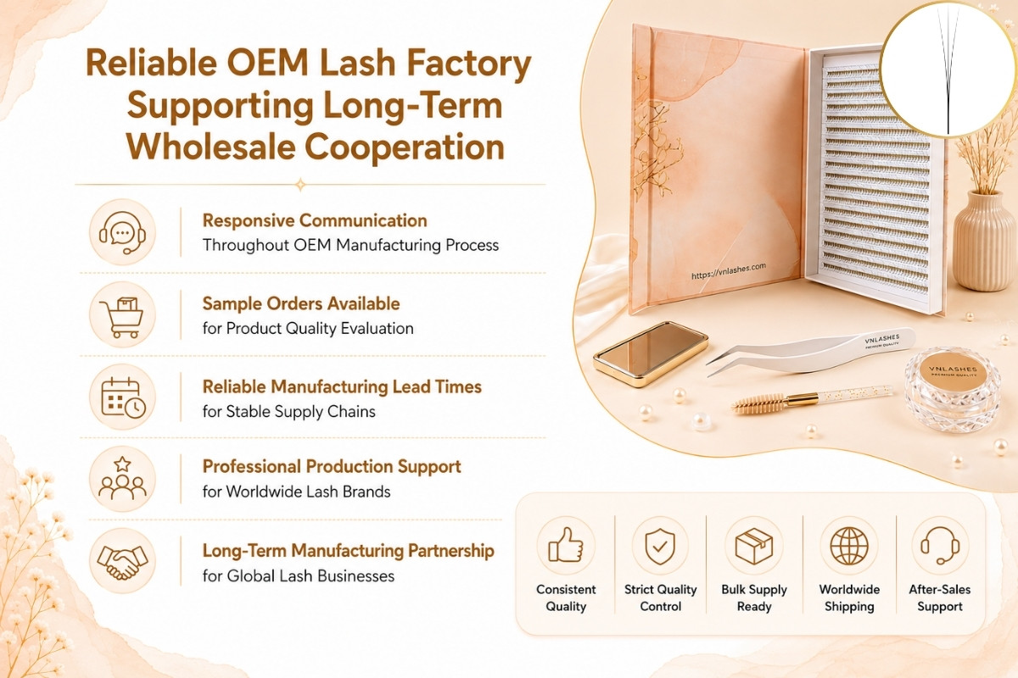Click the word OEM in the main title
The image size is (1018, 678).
268,63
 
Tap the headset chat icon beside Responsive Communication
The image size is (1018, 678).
122,232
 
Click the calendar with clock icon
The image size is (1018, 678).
123,397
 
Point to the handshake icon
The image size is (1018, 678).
122,562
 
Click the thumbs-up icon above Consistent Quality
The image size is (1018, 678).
566,545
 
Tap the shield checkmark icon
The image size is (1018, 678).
660,547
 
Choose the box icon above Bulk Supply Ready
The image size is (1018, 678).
754,546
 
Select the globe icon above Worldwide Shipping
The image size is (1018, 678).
849,546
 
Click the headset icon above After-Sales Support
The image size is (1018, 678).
940,546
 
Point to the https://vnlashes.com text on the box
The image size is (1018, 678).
729,270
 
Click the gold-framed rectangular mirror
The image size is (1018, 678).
651,353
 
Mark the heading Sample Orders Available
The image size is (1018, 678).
301,303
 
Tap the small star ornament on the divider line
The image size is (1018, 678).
300,185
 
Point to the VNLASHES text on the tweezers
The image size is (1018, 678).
882,339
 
